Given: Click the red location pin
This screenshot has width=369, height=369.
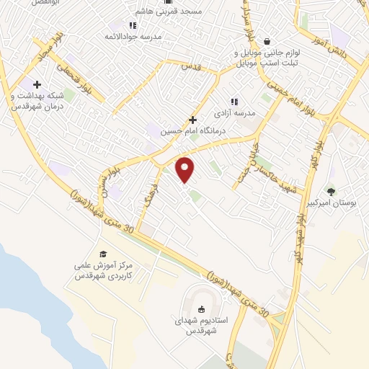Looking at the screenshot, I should [185, 169].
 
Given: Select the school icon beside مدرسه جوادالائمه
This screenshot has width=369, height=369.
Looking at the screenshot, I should [133, 25].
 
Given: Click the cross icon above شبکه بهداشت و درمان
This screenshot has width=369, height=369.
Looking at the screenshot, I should [37, 85].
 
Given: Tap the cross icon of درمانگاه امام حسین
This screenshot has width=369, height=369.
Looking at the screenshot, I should [192, 119].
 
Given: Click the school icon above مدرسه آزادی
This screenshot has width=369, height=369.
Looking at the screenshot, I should [233, 102].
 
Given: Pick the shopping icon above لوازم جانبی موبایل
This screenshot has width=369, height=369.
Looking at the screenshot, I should [267, 41].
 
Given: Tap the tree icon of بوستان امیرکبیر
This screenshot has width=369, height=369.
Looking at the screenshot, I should [331, 191].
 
